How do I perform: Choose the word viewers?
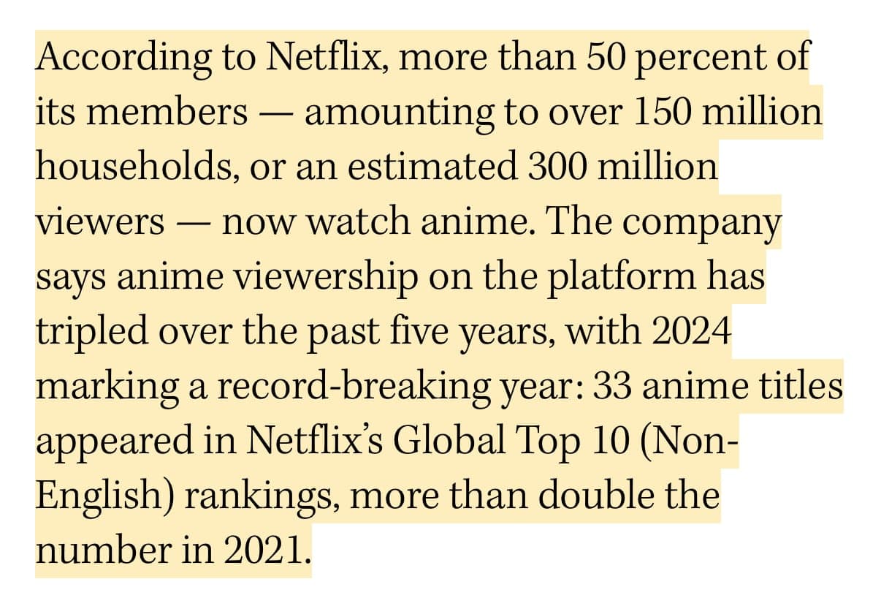pos(101,221)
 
